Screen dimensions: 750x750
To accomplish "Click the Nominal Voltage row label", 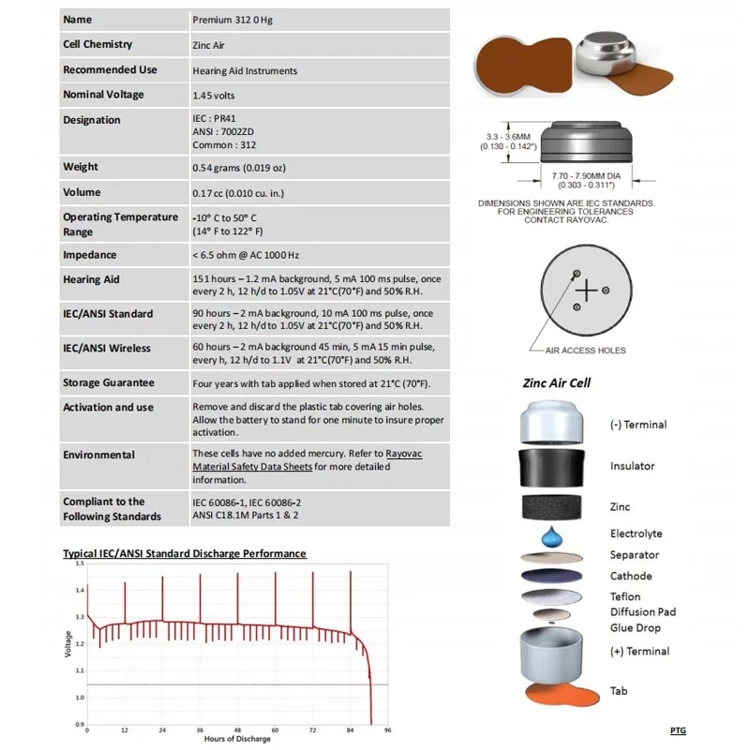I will pos(104,95).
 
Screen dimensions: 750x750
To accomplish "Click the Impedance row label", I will pos(90,255).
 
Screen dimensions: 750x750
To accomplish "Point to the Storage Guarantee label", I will pos(109,382).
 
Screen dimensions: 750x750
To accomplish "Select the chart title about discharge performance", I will pos(184,553).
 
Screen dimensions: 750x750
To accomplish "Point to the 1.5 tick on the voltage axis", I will pos(80,564).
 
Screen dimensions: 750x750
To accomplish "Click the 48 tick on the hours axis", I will pos(237,728).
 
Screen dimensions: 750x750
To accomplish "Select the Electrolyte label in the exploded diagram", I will pos(637,533).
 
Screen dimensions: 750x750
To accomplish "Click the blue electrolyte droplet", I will pos(552,537).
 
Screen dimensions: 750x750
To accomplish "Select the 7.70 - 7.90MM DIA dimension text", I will pos(586,174).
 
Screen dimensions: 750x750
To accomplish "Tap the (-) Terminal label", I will pos(639,425).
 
